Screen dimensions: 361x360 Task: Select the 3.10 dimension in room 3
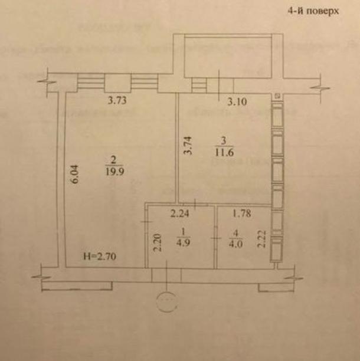pyautogui.click(x=238, y=101)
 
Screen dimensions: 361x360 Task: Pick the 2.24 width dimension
pyautogui.click(x=181, y=214)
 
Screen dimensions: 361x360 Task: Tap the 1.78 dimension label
pyautogui.click(x=243, y=214)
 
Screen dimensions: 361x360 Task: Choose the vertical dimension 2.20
pyautogui.click(x=157, y=242)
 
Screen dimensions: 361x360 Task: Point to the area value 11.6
pyautogui.click(x=223, y=150)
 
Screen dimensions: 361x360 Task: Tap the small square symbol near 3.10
pyautogui.click(x=277, y=96)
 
